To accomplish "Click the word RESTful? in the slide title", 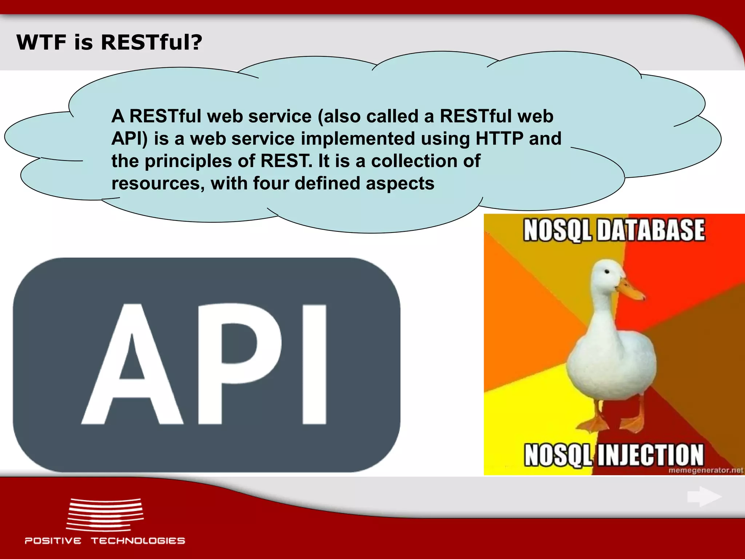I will click(x=151, y=42).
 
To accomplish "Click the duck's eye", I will click(x=607, y=272).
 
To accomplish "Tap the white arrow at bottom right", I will click(x=704, y=496).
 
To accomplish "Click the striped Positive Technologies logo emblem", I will click(x=105, y=514).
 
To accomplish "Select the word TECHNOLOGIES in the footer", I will click(x=138, y=541).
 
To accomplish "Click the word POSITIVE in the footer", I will click(x=53, y=541).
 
